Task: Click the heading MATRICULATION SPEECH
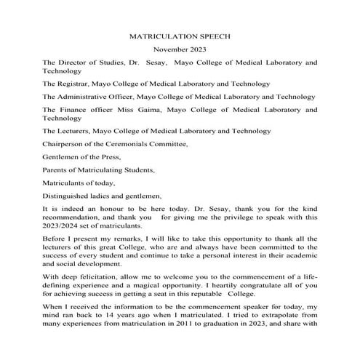179,35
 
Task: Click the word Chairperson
65,144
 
